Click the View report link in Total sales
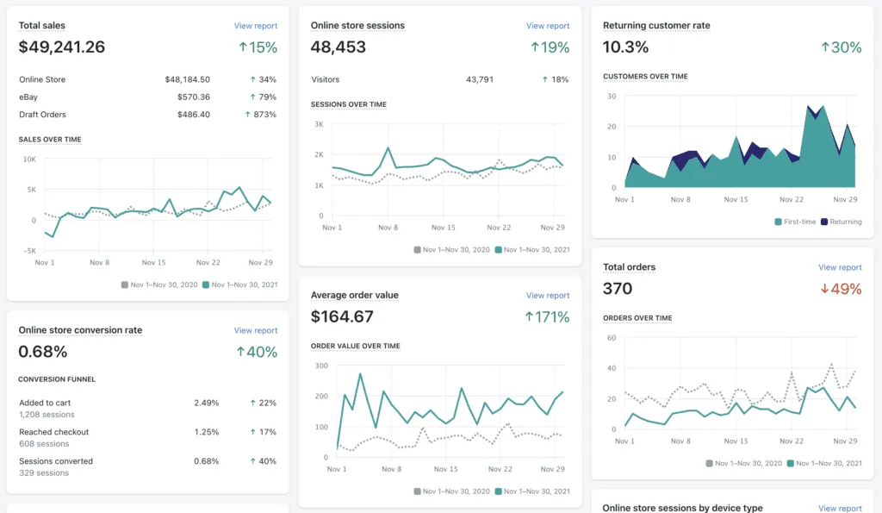(255, 26)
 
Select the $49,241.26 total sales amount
(62, 47)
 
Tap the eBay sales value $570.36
(193, 97)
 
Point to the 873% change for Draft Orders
(261, 114)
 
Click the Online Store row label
(42, 79)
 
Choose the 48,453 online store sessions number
(339, 47)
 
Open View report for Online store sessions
(548, 26)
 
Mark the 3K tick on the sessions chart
(318, 124)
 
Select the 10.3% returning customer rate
(626, 47)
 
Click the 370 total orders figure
(618, 289)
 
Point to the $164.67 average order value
(342, 316)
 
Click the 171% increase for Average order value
(547, 316)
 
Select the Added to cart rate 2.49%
(206, 403)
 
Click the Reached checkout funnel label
(53, 432)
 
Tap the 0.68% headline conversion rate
(43, 352)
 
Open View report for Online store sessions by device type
(840, 509)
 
